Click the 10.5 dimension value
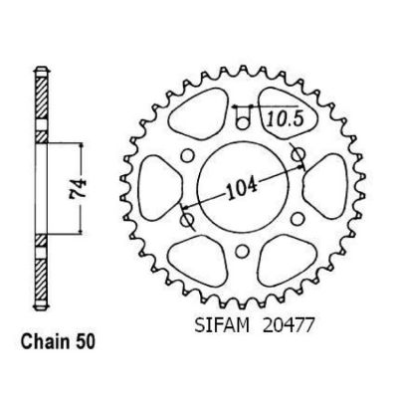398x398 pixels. pyautogui.click(x=286, y=118)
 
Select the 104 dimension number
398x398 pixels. pyautogui.click(x=242, y=189)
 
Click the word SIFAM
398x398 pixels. pyautogui.click(x=222, y=326)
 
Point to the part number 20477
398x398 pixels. pyautogui.click(x=288, y=326)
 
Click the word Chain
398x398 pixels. pyautogui.click(x=43, y=341)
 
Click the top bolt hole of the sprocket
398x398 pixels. pyautogui.click(x=243, y=123)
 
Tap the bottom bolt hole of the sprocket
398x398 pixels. pyautogui.click(x=243, y=251)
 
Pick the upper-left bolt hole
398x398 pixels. pyautogui.click(x=188, y=155)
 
